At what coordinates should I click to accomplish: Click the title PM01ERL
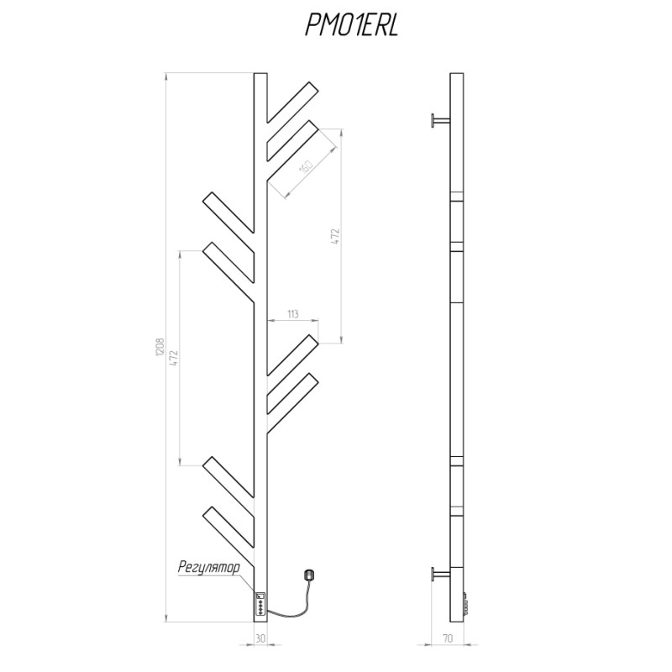tap(352, 25)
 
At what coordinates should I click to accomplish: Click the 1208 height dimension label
tap(160, 347)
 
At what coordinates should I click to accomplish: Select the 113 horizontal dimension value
tap(292, 314)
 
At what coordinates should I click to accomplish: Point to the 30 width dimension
tap(260, 638)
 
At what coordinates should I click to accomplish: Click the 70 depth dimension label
tap(448, 638)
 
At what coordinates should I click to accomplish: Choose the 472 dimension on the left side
tap(174, 358)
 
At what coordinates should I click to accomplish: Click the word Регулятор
tap(209, 568)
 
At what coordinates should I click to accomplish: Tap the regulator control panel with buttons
tap(260, 604)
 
